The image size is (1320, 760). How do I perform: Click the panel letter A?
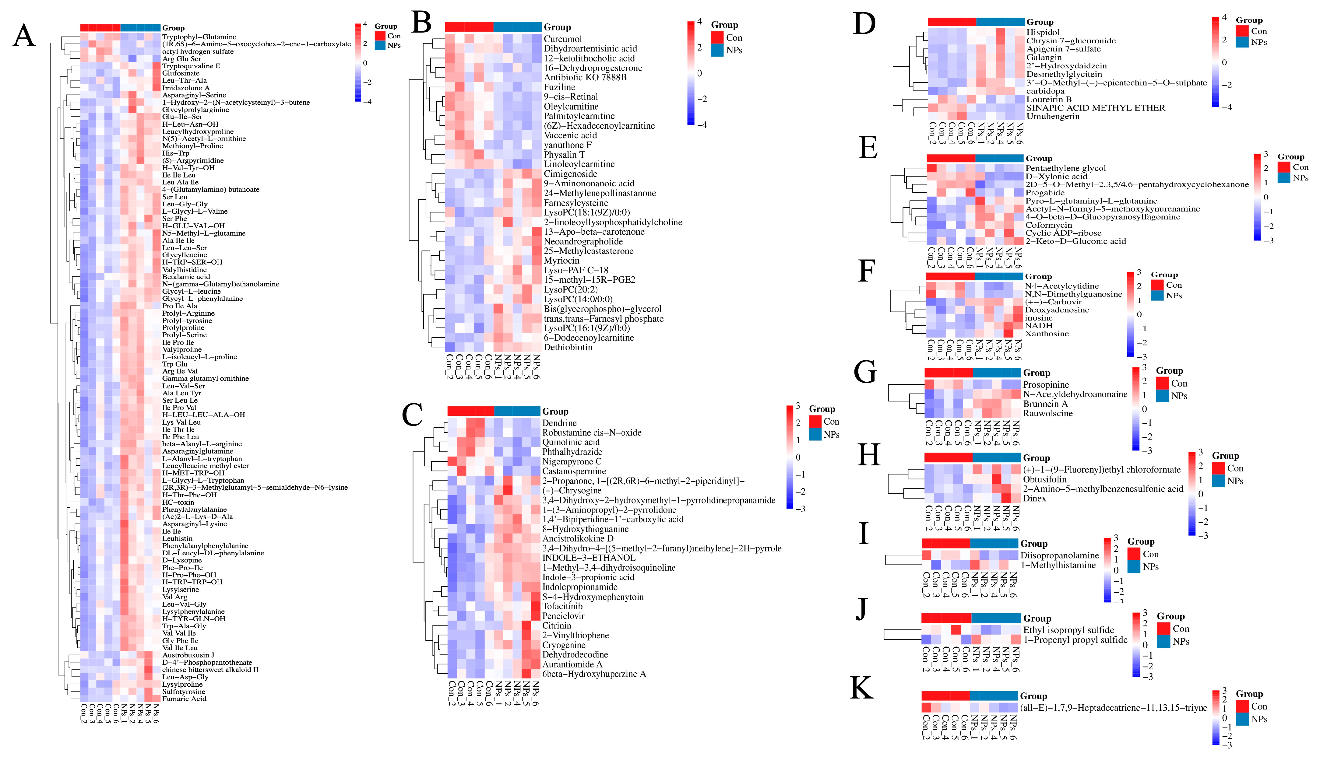pyautogui.click(x=24, y=37)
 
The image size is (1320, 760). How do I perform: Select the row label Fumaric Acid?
pyautogui.click(x=184, y=699)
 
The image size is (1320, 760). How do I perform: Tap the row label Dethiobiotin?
pyautogui.click(x=568, y=347)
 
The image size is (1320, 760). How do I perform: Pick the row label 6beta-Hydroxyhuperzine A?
pyautogui.click(x=594, y=674)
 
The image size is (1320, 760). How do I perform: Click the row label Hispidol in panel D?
pyautogui.click(x=1043, y=32)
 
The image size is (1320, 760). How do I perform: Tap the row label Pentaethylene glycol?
pyautogui.click(x=1065, y=168)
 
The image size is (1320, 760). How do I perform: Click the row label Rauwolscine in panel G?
pyautogui.click(x=1047, y=413)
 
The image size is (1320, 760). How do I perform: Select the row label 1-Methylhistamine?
pyautogui.click(x=1058, y=565)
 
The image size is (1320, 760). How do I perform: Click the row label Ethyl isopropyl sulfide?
pyautogui.click(x=1068, y=630)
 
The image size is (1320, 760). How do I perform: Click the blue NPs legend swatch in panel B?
pyautogui.click(x=717, y=50)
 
